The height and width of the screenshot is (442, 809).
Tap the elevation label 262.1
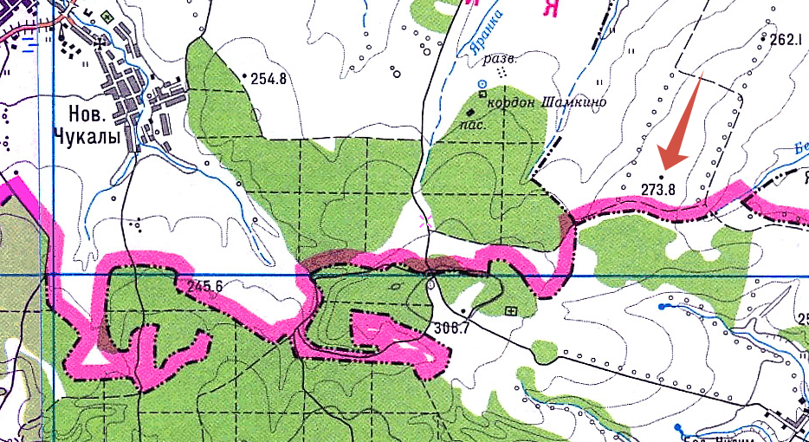pos(786,39)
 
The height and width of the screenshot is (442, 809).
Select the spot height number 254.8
pos(268,79)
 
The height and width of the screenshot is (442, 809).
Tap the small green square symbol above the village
pos(108,16)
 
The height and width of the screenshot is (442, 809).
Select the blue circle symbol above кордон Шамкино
pos(482,83)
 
